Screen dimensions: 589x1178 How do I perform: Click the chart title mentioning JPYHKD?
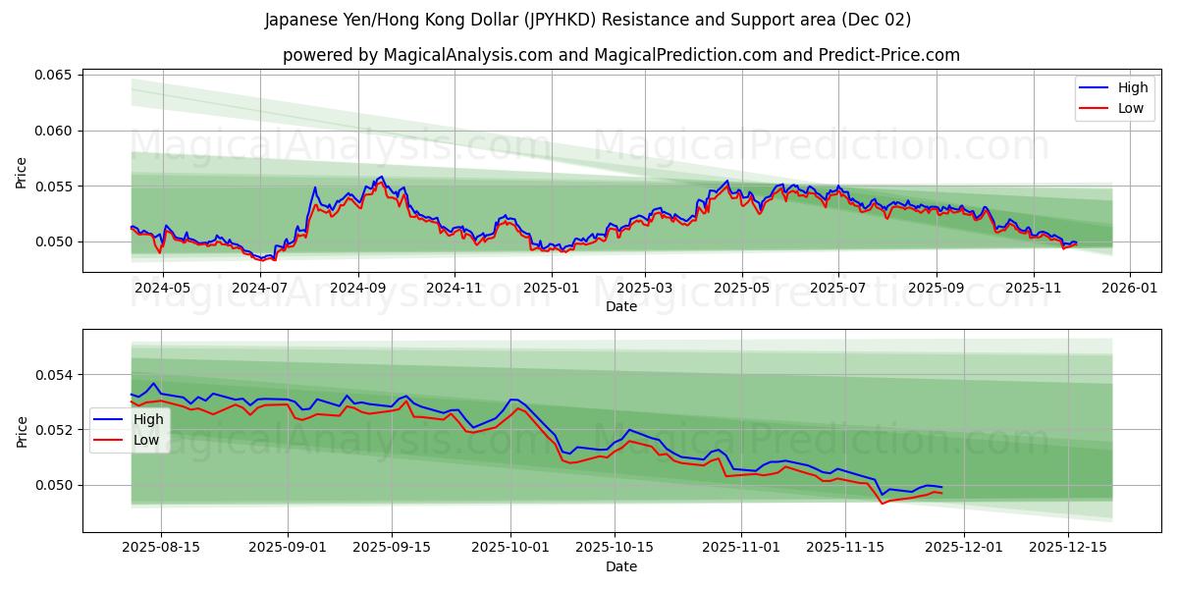pyautogui.click(x=588, y=20)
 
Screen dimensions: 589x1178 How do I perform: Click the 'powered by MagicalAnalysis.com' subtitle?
pyautogui.click(x=621, y=55)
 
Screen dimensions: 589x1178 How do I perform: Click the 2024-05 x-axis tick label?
pyautogui.click(x=162, y=289)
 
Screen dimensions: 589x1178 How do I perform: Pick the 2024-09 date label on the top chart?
pyautogui.click(x=357, y=289)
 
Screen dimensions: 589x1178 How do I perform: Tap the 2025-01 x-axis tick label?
pyautogui.click(x=551, y=289)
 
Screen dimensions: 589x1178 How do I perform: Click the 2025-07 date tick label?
pyautogui.click(x=837, y=289)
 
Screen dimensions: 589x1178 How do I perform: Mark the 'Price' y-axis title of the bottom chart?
pyautogui.click(x=22, y=432)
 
